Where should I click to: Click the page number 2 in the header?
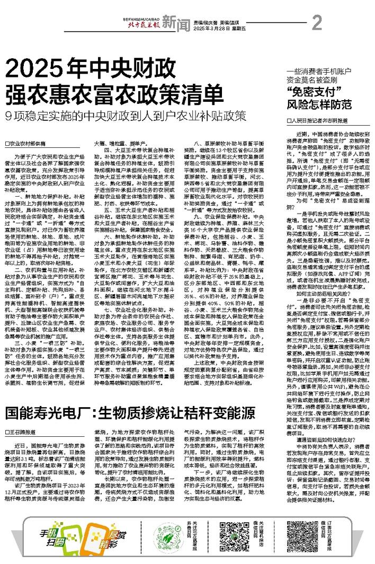(317, 23)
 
